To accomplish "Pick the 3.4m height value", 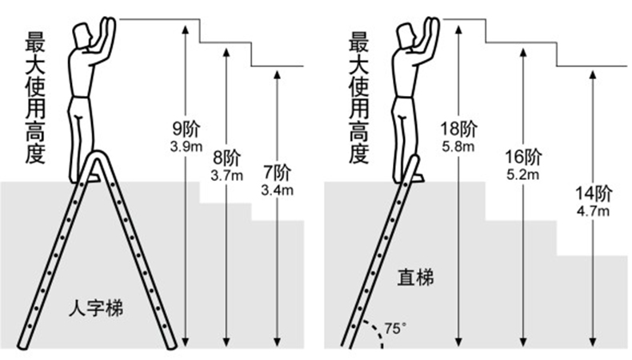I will (277, 190).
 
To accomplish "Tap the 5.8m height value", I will (458, 146).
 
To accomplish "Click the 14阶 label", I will (593, 194).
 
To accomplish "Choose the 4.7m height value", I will (593, 210).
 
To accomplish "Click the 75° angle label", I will (394, 327).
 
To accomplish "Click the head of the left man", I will (83, 35).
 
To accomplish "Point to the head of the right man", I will (407, 35).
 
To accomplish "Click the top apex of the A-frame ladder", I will (102, 157).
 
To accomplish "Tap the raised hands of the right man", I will (432, 26).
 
